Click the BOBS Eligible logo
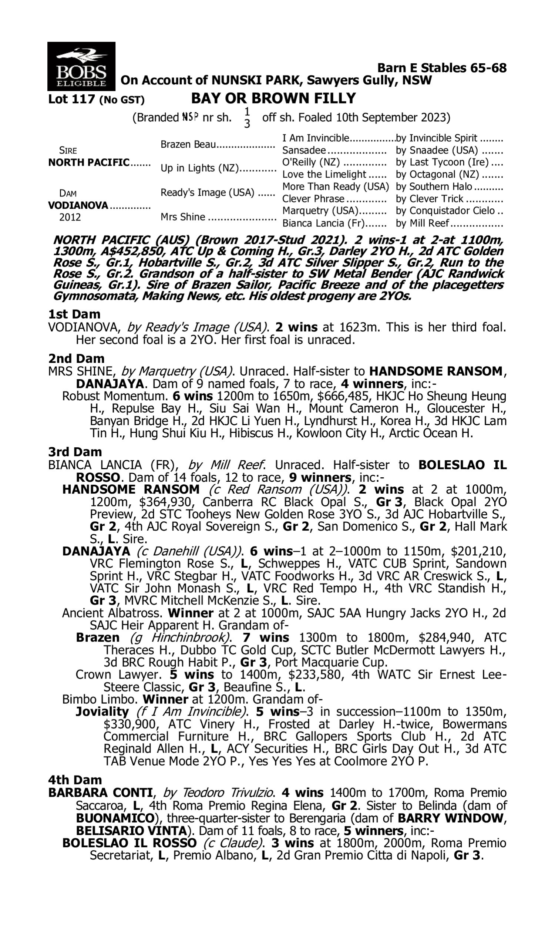(81, 66)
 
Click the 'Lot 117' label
(73, 100)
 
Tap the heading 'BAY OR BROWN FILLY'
(273, 98)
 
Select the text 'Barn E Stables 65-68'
(442, 68)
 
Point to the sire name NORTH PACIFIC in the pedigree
(89, 163)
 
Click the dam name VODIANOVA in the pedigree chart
(78, 205)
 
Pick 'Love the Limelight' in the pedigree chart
(324, 174)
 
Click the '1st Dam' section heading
(74, 314)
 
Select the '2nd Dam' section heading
(76, 359)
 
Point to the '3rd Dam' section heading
(75, 452)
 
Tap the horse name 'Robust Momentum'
(114, 396)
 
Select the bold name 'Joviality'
(102, 711)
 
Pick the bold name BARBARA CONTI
(100, 793)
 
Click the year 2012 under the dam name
(70, 218)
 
